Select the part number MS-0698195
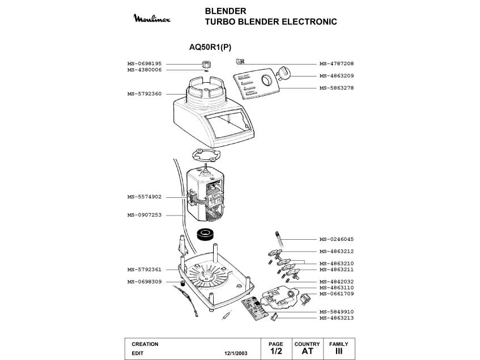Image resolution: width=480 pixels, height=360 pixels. pos(145,63)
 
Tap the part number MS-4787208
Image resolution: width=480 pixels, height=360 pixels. pos(337,63)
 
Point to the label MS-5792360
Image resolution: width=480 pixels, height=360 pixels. pos(145,94)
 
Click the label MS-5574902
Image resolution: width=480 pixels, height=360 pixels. pos(145,197)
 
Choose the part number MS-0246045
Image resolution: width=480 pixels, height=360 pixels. pos(337,239)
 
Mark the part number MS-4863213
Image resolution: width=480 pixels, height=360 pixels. pos(337,318)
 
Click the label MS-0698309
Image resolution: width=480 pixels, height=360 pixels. pos(145,282)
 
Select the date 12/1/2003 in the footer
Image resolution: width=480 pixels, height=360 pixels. pos(237,353)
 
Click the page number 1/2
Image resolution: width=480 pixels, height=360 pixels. pos(275,351)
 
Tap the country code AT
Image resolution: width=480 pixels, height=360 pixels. pos(307,351)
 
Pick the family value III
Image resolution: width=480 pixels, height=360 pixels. pos(339,351)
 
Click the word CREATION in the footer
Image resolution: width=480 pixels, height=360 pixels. pos(145,344)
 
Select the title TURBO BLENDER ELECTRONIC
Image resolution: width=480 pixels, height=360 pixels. pos(271,22)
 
